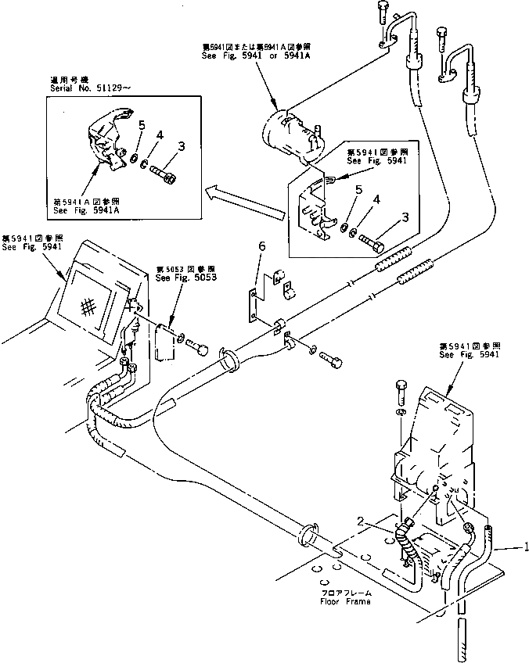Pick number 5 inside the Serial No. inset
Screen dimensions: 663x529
click(x=141, y=125)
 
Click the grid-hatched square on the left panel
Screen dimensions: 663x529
click(x=91, y=306)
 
